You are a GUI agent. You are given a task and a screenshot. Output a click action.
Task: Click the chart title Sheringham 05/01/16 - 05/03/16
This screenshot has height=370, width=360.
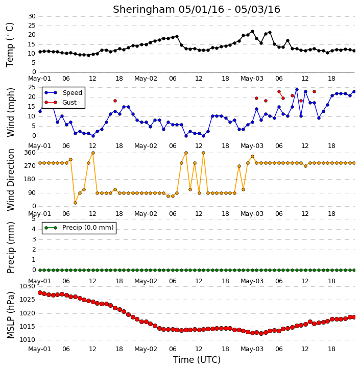pyautogui.click(x=197, y=10)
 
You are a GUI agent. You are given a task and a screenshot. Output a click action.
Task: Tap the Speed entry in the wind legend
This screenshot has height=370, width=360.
pyautogui.click(x=63, y=93)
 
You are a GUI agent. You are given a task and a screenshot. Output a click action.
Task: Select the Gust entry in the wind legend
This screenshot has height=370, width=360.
pyautogui.click(x=61, y=103)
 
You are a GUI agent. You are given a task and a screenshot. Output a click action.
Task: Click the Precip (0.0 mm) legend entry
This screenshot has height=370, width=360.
pyautogui.click(x=79, y=228)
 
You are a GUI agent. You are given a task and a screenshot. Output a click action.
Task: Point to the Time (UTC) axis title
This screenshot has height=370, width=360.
pyautogui.click(x=197, y=360)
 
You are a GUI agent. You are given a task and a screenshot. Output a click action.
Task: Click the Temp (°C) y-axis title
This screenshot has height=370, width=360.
pyautogui.click(x=10, y=45)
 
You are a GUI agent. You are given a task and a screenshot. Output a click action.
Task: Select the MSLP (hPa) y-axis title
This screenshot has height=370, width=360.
pyautogui.click(x=10, y=315)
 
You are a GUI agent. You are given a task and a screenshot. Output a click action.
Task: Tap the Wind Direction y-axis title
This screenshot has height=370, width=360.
pyautogui.click(x=10, y=180)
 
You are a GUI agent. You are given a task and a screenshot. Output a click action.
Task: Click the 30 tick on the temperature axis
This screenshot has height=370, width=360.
pyautogui.click(x=32, y=16)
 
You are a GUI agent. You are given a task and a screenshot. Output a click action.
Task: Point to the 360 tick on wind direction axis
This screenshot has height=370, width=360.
pyautogui.click(x=30, y=153)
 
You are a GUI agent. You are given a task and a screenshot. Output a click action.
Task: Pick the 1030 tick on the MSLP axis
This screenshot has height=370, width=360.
pyautogui.click(x=28, y=286)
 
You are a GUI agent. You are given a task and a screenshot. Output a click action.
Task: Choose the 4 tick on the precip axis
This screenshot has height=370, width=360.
pyautogui.click(x=34, y=229)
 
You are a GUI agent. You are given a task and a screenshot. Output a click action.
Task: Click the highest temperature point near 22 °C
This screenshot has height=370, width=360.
pyautogui.click(x=252, y=31)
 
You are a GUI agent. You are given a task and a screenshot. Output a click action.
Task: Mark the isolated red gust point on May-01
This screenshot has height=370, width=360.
pyautogui.click(x=115, y=101)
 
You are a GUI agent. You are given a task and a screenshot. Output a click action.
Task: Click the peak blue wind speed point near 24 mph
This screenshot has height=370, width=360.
pyautogui.click(x=297, y=90)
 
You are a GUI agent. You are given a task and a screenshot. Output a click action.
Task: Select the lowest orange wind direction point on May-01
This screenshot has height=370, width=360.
pyautogui.click(x=75, y=203)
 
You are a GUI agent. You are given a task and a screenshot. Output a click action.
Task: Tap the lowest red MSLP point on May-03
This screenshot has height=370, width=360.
pyautogui.click(x=261, y=333)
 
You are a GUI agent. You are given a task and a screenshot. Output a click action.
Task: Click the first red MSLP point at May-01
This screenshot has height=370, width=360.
pyautogui.click(x=40, y=292)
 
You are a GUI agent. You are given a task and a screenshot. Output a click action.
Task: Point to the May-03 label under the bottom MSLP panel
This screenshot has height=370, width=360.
pyautogui.click(x=252, y=349)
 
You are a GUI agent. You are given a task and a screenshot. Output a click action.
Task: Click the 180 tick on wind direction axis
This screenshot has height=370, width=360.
pyautogui.click(x=30, y=179)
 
